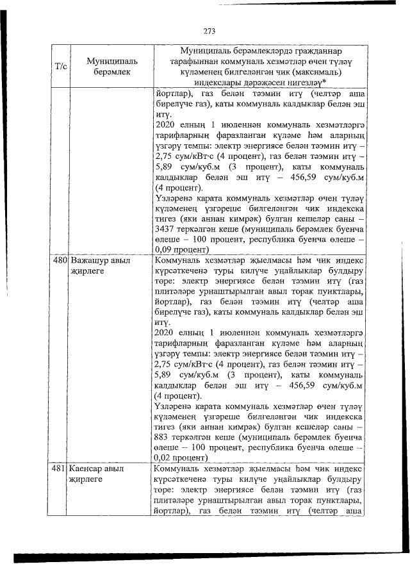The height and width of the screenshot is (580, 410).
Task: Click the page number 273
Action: tap(209, 30)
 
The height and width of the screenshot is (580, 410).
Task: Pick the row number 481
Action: tap(60, 469)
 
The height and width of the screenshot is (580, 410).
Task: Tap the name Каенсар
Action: tap(90, 469)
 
